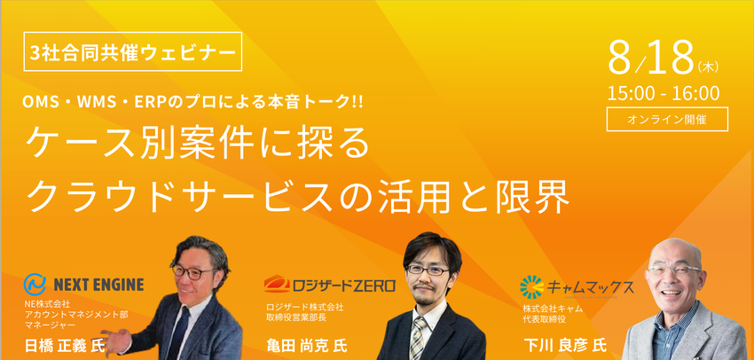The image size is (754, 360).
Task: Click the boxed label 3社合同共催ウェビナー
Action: pyautogui.click(x=133, y=52)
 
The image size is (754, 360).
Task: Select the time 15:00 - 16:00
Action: pyautogui.click(x=664, y=93)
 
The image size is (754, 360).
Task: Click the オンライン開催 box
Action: pyautogui.click(x=666, y=119)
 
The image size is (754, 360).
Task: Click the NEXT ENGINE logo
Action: pyautogui.click(x=85, y=285)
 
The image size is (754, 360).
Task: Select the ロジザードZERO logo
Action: pyautogui.click(x=329, y=285)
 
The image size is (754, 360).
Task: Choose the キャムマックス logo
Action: pyautogui.click(x=577, y=286)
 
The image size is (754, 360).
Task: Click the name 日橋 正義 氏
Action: pyautogui.click(x=66, y=343)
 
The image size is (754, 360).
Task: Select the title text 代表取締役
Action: pyautogui.click(x=543, y=317)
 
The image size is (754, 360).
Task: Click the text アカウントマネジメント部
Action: pyautogui.click(x=76, y=314)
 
